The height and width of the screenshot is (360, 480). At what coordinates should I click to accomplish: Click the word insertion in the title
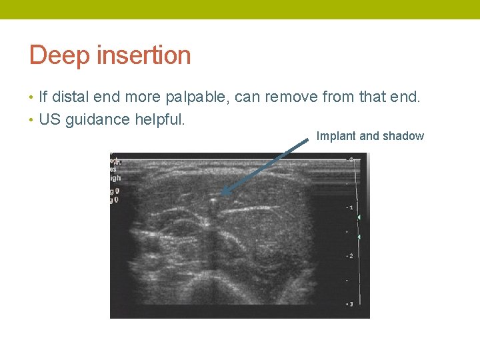(x=144, y=55)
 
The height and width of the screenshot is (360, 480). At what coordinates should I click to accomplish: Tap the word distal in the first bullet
(x=71, y=97)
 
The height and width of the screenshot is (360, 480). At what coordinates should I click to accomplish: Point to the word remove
(x=291, y=97)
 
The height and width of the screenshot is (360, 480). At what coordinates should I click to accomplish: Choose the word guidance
(x=93, y=120)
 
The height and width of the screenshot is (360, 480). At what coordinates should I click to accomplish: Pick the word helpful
(x=160, y=120)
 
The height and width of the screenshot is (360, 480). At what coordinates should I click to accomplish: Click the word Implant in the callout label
(x=336, y=136)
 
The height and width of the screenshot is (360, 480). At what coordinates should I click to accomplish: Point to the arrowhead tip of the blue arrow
(x=222, y=194)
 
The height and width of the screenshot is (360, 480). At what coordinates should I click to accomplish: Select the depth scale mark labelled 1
(x=350, y=208)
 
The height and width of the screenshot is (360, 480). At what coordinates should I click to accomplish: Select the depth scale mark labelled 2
(x=350, y=256)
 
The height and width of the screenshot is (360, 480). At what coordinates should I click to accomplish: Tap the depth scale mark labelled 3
(x=350, y=304)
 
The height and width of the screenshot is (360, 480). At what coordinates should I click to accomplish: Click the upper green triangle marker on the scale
(x=359, y=218)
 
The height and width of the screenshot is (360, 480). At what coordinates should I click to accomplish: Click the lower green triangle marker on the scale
(x=359, y=237)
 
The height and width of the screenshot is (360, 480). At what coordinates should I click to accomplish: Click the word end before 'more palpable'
(x=106, y=97)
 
